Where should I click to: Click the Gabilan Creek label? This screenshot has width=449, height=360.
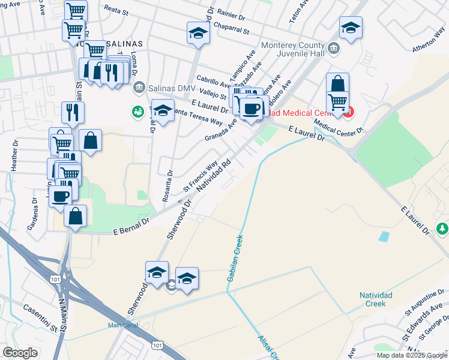click(x=235, y=258)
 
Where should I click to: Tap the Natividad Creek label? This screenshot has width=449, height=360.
click(x=376, y=299)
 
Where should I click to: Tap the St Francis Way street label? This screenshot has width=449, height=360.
click(x=200, y=177)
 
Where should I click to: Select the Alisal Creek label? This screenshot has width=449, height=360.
click(x=267, y=346)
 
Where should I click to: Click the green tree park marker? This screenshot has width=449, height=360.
click(x=442, y=229)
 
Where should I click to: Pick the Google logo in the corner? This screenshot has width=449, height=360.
click(x=20, y=353)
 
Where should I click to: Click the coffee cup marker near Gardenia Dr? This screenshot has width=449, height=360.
click(x=60, y=196)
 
